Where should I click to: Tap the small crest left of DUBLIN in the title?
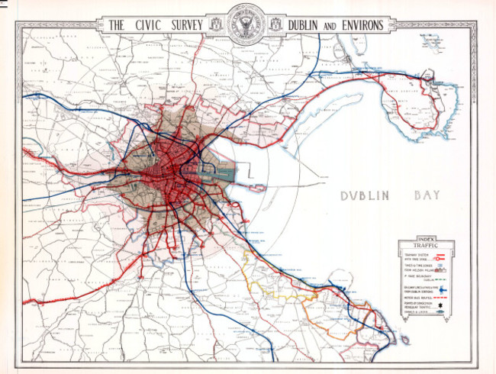pyautogui.click(x=275, y=25)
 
